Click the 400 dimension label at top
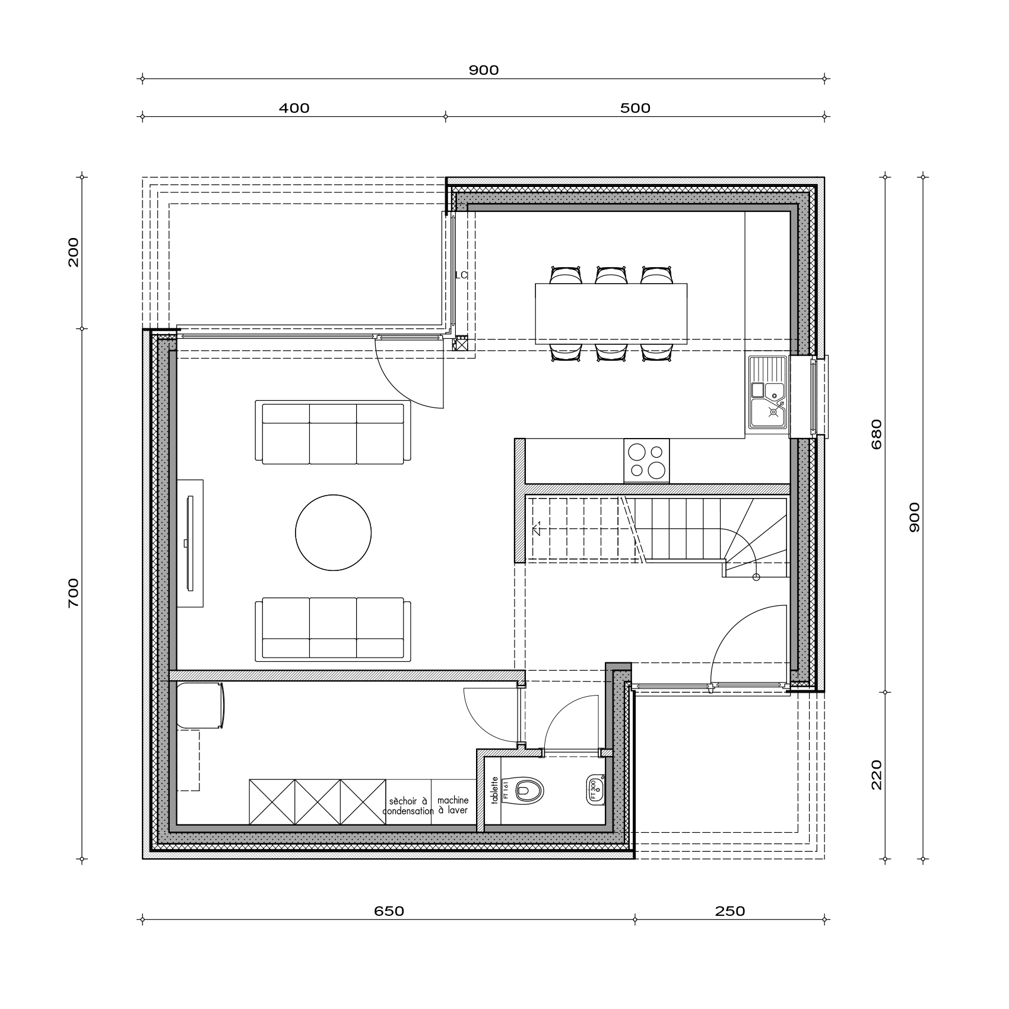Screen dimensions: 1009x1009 click(x=294, y=108)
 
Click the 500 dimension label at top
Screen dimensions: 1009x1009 click(x=635, y=108)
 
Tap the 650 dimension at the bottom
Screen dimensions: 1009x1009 click(x=389, y=911)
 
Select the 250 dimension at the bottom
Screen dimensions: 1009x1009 click(x=729, y=911)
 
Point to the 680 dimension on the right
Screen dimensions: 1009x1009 click(x=877, y=434)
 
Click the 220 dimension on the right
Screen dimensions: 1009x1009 click(x=877, y=775)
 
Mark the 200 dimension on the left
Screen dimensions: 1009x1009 click(x=73, y=252)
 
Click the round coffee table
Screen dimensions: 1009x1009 click(x=334, y=532)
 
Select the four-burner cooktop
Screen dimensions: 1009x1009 click(x=646, y=461)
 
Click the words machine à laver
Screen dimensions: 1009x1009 click(x=453, y=805)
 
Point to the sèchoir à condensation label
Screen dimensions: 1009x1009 click(x=408, y=805)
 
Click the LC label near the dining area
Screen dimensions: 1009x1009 click(x=461, y=275)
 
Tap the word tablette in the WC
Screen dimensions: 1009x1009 click(x=494, y=791)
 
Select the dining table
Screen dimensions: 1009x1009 click(x=611, y=313)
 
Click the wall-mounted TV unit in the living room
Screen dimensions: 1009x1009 click(x=190, y=543)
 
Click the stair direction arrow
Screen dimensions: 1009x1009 click(x=537, y=528)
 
